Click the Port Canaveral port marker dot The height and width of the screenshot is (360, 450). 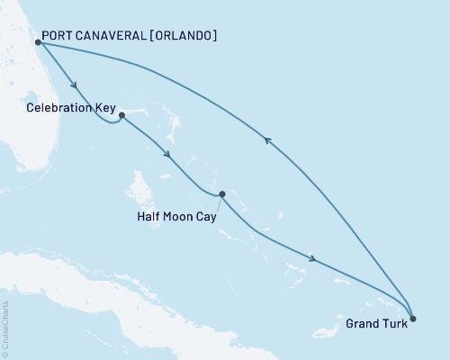click(x=38, y=41)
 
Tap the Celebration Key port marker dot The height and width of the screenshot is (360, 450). click(x=121, y=115)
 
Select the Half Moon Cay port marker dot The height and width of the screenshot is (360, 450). click(x=221, y=193)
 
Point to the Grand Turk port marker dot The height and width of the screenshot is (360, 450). click(x=412, y=317)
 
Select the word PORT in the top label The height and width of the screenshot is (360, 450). click(x=60, y=36)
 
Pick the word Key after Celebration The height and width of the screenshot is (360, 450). click(x=105, y=108)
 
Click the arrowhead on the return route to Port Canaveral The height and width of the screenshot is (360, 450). click(x=266, y=139)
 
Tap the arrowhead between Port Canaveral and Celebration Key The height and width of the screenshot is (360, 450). click(x=72, y=86)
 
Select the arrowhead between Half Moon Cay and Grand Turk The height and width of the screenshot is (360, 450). click(x=311, y=259)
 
